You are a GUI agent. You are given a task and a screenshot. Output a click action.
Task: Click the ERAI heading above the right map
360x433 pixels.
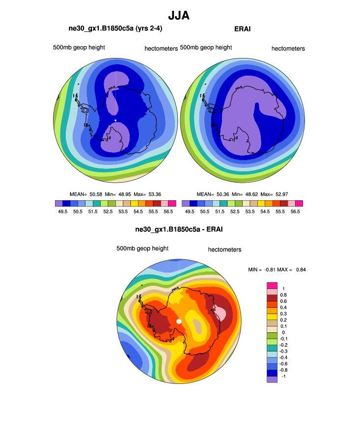(x=243, y=29)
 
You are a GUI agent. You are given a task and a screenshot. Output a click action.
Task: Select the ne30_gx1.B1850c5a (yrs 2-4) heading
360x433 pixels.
(x=115, y=29)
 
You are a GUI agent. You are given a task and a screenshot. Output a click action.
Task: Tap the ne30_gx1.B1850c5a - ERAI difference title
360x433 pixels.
(x=179, y=229)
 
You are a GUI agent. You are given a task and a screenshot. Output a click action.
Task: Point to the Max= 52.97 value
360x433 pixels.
(x=274, y=194)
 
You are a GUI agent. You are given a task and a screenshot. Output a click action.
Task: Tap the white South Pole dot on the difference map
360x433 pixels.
(x=179, y=321)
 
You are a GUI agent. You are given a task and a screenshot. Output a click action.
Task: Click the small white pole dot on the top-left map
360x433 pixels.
(x=115, y=120)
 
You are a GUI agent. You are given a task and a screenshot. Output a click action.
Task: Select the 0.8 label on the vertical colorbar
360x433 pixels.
(x=283, y=295)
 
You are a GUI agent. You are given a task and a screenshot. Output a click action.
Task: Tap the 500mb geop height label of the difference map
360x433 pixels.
(x=142, y=248)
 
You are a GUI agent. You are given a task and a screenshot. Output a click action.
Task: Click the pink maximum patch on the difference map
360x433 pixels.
(x=220, y=313)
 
